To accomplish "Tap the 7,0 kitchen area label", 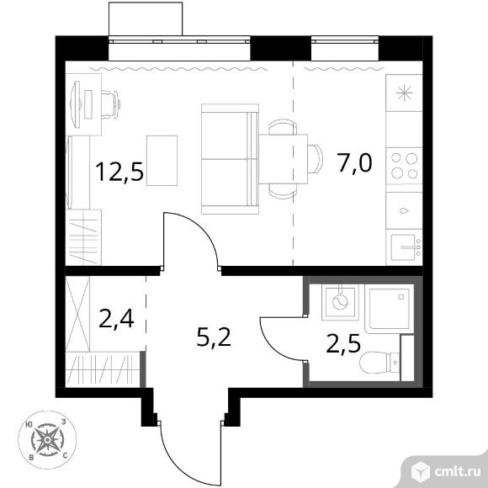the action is click(x=354, y=162).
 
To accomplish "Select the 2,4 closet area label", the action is click(x=116, y=319).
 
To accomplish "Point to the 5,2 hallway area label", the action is click(x=214, y=337).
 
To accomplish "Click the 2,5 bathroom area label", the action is click(x=343, y=344).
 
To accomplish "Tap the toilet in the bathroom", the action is click(x=379, y=363).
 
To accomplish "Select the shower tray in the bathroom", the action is click(x=390, y=309).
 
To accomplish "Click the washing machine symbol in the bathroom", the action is click(x=340, y=302).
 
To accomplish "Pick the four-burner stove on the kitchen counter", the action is click(x=404, y=166).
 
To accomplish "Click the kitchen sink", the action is click(x=404, y=247).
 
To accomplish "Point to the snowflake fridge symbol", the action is click(x=404, y=93).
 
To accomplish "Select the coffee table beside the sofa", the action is click(x=162, y=161).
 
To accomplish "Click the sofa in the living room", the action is click(x=230, y=159).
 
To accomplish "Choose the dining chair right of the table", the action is click(x=315, y=159).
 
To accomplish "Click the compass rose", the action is click(x=47, y=440).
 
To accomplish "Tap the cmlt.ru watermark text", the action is click(x=458, y=472).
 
